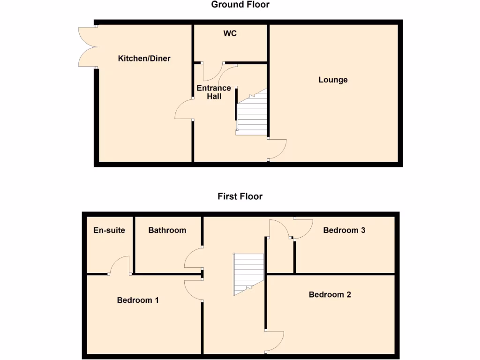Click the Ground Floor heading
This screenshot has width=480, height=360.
coord(240,5)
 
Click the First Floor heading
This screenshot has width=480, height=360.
coord(240,196)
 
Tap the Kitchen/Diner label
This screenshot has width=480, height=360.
coord(144,59)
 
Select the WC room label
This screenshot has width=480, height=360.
coord(230,33)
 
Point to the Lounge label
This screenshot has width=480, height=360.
coord(333,80)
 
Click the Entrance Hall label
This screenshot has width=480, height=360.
coord(214,92)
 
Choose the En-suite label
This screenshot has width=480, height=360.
coord(109,230)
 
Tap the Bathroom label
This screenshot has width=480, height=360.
coord(167,230)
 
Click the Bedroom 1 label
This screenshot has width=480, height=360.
coord(138,300)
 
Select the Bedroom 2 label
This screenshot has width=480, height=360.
coord(330,294)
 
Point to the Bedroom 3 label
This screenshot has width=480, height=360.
coord(344,230)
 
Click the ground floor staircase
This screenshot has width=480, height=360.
coord(252,115)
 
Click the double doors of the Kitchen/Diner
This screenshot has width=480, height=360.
coord(87,47)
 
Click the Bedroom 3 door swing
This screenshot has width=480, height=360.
coord(303,229)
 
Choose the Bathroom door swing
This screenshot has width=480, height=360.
coord(193,258)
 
